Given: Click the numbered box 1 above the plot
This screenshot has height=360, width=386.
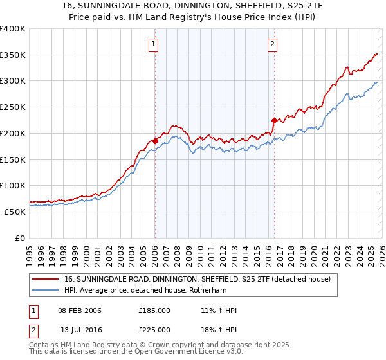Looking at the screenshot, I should (x=154, y=44).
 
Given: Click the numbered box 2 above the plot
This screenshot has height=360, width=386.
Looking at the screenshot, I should (x=273, y=44).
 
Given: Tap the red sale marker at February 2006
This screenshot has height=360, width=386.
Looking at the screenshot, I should (x=155, y=141).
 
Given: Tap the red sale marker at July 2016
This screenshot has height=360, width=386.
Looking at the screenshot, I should (x=274, y=120).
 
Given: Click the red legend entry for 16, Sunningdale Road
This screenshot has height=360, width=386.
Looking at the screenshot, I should (x=197, y=279).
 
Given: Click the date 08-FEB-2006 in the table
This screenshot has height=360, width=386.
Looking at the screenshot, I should (x=80, y=310).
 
